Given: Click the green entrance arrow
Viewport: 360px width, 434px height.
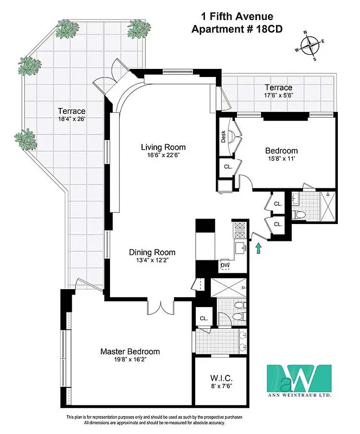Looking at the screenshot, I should pyautogui.click(x=259, y=248).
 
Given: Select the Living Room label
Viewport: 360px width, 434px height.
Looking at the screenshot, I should pyautogui.click(x=163, y=147).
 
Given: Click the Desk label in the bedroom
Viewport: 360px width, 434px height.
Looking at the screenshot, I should pyautogui.click(x=223, y=137).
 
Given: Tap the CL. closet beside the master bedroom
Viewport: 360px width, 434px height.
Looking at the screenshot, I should pyautogui.click(x=204, y=318).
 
